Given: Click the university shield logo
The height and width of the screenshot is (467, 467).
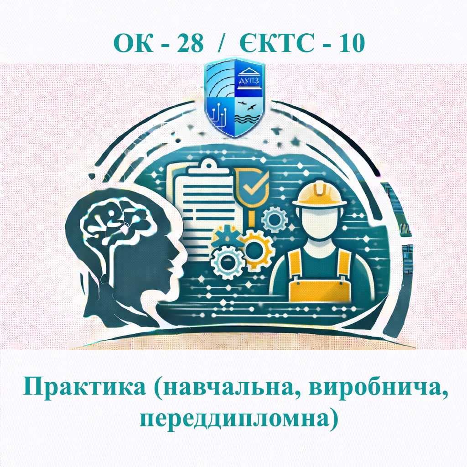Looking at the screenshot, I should tap(233, 98).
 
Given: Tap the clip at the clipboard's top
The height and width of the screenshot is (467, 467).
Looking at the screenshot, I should tap(208, 165).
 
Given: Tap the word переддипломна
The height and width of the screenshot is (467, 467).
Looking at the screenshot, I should tap(233, 419).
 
